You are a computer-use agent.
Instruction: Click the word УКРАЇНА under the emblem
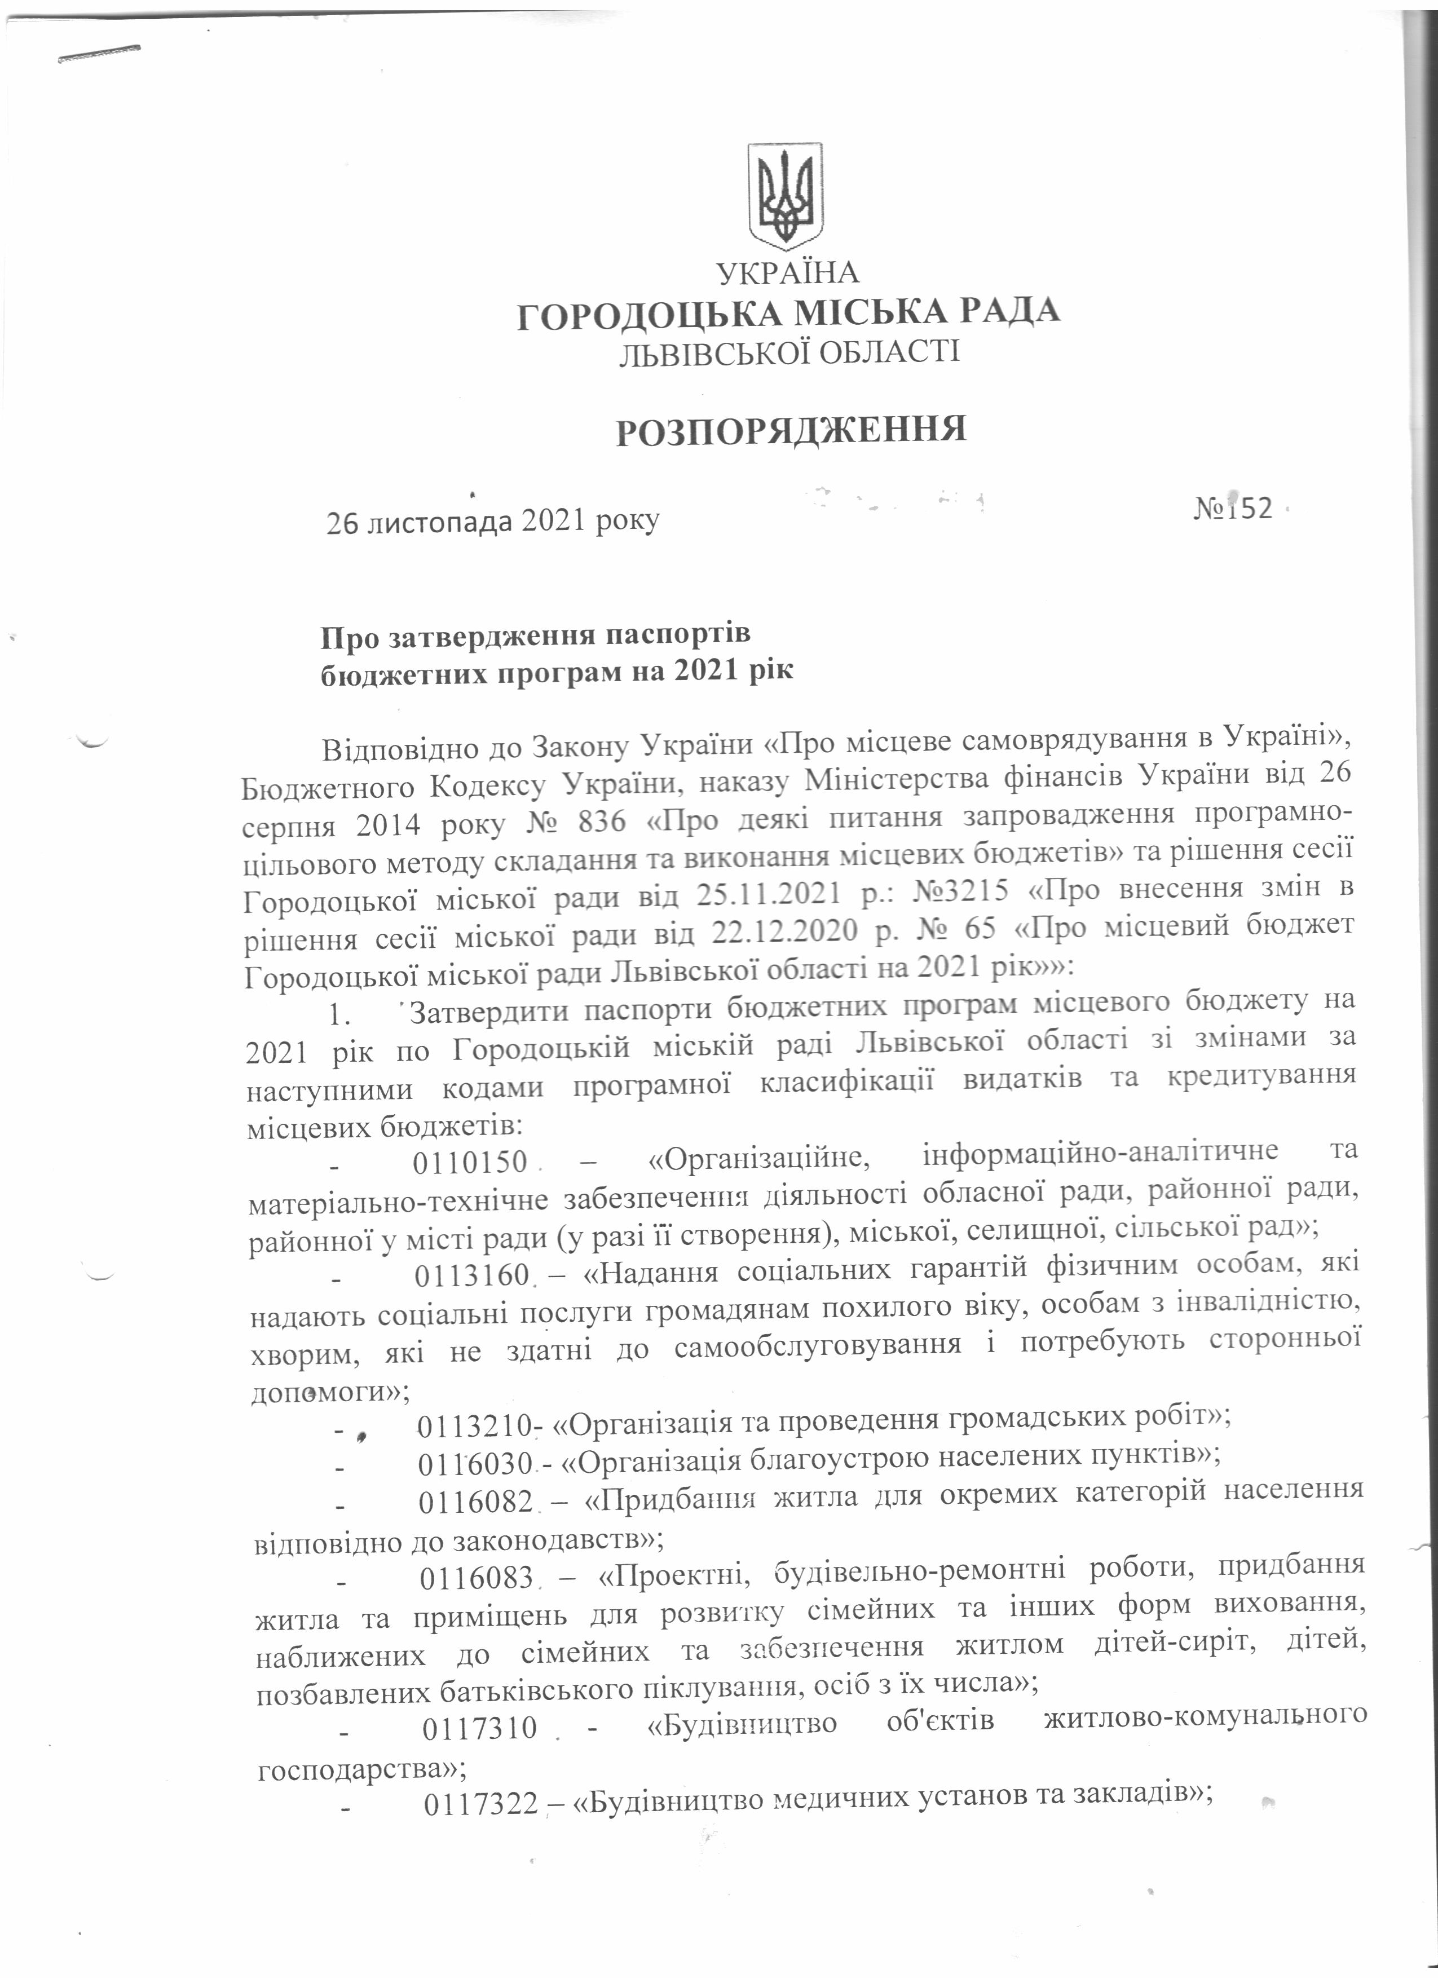(787, 273)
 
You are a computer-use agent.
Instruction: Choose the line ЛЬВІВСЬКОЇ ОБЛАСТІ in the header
(788, 353)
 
